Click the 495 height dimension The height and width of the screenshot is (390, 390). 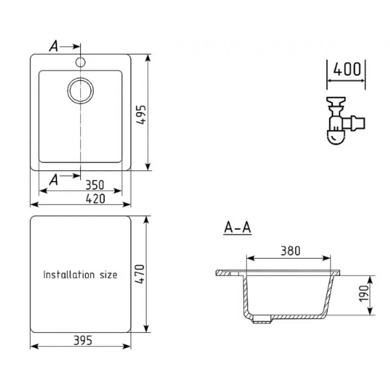click(x=141, y=115)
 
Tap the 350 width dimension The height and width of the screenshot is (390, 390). click(x=95, y=185)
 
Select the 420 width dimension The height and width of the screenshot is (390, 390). click(x=96, y=199)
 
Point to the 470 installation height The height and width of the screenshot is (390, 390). click(x=139, y=274)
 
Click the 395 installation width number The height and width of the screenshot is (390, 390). click(x=83, y=340)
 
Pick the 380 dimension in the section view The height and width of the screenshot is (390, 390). click(x=291, y=251)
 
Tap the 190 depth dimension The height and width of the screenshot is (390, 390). click(x=364, y=293)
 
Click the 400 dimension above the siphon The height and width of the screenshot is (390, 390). click(x=347, y=69)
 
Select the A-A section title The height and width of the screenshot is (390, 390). click(x=237, y=227)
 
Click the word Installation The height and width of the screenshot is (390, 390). click(x=69, y=274)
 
